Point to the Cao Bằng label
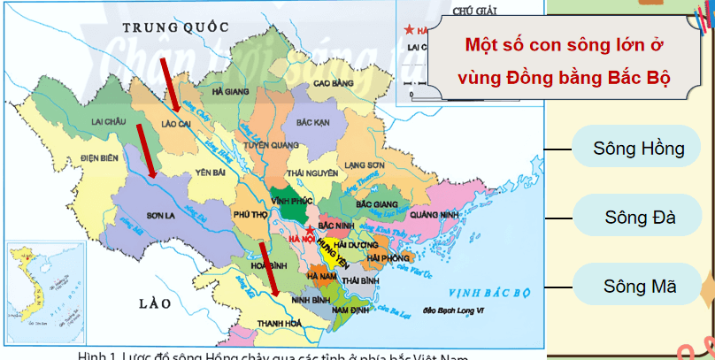pyautogui.click(x=334, y=84)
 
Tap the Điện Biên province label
pyautogui.click(x=98, y=158)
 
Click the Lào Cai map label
pyautogui.click(x=179, y=124)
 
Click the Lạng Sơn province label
pyautogui.click(x=365, y=165)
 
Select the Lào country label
pyautogui.click(x=155, y=303)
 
